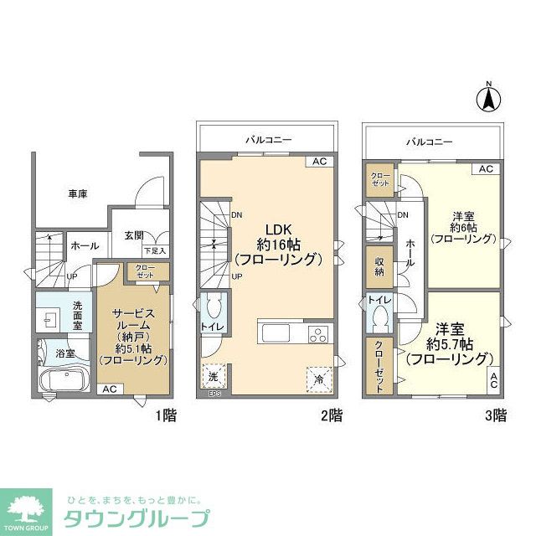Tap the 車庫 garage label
click(78, 194)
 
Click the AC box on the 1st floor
click(108, 389)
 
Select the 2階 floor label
click(330, 414)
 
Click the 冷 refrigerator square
click(319, 379)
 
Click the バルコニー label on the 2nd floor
click(268, 140)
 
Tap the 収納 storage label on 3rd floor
click(379, 267)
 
